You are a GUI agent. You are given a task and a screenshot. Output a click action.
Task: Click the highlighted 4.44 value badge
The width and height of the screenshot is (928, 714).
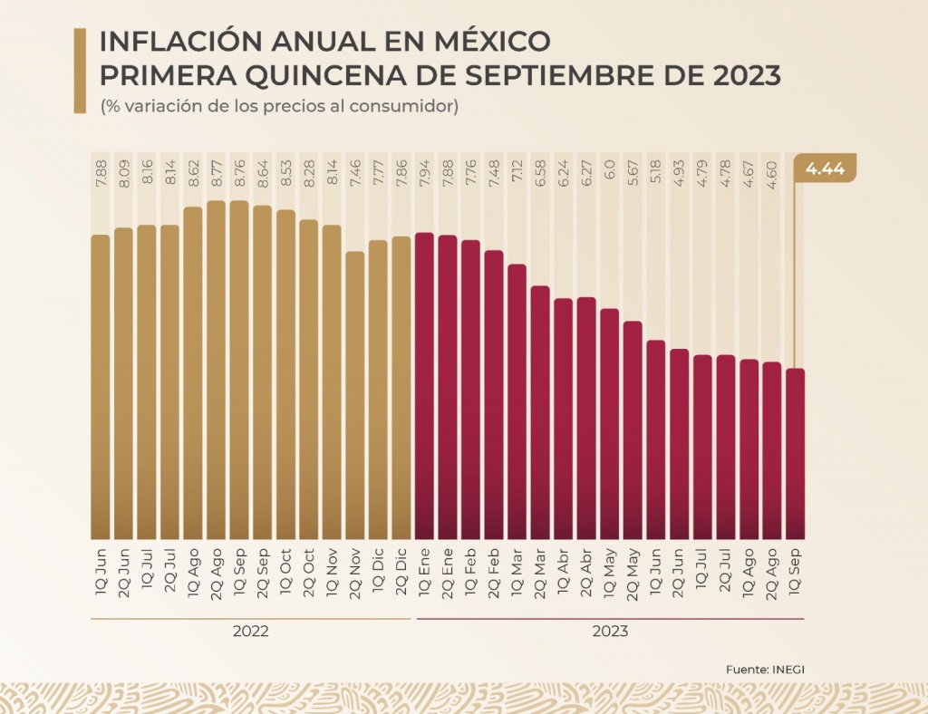click(825, 169)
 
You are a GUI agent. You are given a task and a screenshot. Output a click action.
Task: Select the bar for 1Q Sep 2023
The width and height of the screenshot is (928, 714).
click(795, 453)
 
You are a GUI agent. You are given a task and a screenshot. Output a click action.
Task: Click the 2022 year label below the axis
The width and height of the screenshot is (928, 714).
click(251, 631)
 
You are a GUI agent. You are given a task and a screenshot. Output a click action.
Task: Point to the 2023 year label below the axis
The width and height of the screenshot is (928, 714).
click(610, 631)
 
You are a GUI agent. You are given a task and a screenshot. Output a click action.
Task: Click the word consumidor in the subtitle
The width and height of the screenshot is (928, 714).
click(410, 107)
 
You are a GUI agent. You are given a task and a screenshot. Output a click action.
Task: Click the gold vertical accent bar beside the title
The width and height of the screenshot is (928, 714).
click(80, 71)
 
